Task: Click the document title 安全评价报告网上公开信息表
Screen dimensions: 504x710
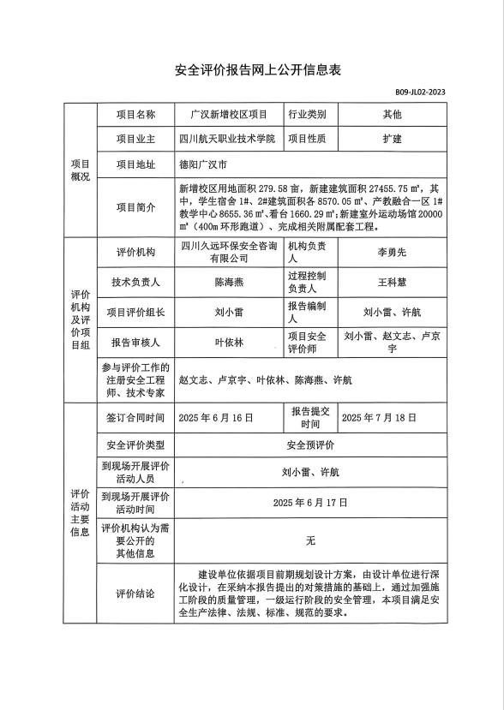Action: coord(252,70)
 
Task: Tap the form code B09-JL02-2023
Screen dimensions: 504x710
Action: coord(420,92)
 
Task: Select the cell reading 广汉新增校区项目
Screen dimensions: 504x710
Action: coord(228,114)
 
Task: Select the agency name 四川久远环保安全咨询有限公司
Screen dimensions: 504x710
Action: coord(228,252)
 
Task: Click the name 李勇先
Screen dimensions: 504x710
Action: coord(392,253)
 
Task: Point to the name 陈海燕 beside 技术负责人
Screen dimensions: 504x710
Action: coord(228,281)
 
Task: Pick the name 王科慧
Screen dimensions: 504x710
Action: coord(392,281)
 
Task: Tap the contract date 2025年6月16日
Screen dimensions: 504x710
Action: coord(215,418)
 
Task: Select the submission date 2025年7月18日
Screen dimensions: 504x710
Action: coord(379,418)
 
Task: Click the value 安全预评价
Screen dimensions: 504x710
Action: coord(310,445)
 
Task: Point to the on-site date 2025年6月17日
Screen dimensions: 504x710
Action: coord(310,501)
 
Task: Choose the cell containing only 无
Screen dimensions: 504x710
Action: coord(310,540)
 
